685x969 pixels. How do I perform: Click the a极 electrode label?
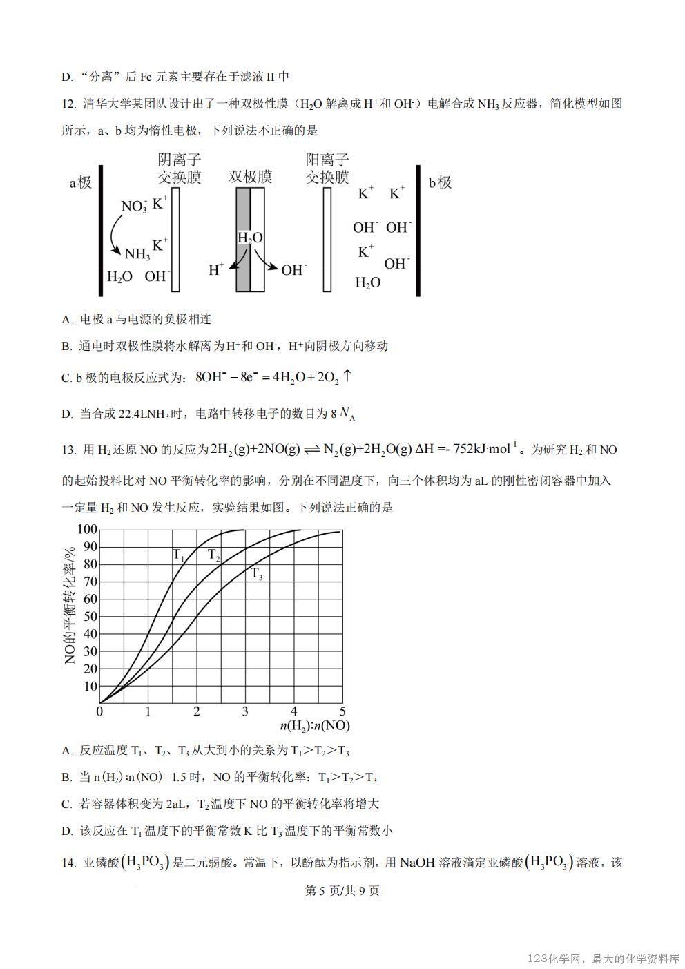tap(81, 183)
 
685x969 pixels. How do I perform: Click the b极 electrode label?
tap(440, 183)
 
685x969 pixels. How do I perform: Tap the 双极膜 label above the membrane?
tap(250, 177)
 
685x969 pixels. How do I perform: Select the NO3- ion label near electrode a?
tap(134, 207)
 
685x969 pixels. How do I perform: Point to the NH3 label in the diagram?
tap(137, 254)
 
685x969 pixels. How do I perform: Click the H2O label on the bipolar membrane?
tap(250, 238)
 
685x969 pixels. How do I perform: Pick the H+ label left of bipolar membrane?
tap(217, 270)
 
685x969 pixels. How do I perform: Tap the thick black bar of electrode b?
tap(418, 231)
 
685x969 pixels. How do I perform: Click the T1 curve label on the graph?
tap(178, 555)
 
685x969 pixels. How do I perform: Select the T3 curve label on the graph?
tap(256, 573)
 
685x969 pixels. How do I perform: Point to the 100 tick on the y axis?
tap(87, 530)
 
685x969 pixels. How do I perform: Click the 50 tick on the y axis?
tap(90, 617)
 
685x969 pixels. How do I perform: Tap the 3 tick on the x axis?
tap(245, 711)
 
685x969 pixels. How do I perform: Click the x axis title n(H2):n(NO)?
tap(315, 726)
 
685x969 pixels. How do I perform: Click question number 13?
tap(68, 450)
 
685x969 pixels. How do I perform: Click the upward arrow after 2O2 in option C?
tap(347, 376)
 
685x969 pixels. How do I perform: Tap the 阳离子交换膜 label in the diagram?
tap(327, 169)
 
